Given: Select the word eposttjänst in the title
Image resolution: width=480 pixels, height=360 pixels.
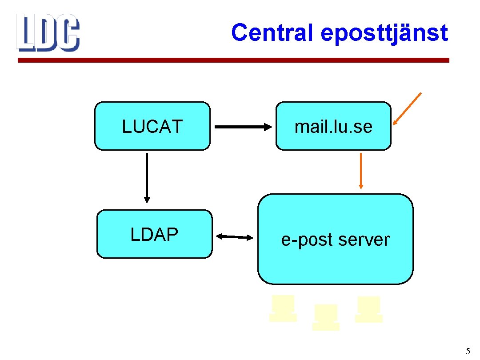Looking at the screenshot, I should click(384, 33).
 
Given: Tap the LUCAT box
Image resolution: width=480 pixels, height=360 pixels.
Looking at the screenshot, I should click(152, 126).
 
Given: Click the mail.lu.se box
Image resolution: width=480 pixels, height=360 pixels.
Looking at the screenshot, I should click(333, 126).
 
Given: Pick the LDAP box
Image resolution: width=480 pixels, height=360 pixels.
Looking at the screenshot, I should click(154, 234).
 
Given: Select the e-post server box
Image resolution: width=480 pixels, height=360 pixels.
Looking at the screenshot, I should click(335, 239).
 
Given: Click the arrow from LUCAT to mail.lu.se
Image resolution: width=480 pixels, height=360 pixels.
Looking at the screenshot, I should click(243, 127).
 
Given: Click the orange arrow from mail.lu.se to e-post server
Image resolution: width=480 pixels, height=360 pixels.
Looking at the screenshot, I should click(360, 171).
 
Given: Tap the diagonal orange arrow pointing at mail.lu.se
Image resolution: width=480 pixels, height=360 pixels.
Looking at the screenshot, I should click(407, 108).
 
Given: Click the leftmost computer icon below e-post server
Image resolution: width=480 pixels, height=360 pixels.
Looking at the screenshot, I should click(283, 308).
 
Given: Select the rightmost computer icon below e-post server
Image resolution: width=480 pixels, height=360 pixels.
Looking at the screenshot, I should click(369, 309).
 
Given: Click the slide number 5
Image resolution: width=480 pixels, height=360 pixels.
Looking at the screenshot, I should click(468, 352).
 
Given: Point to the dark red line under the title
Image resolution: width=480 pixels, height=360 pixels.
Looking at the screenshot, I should click(233, 60).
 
